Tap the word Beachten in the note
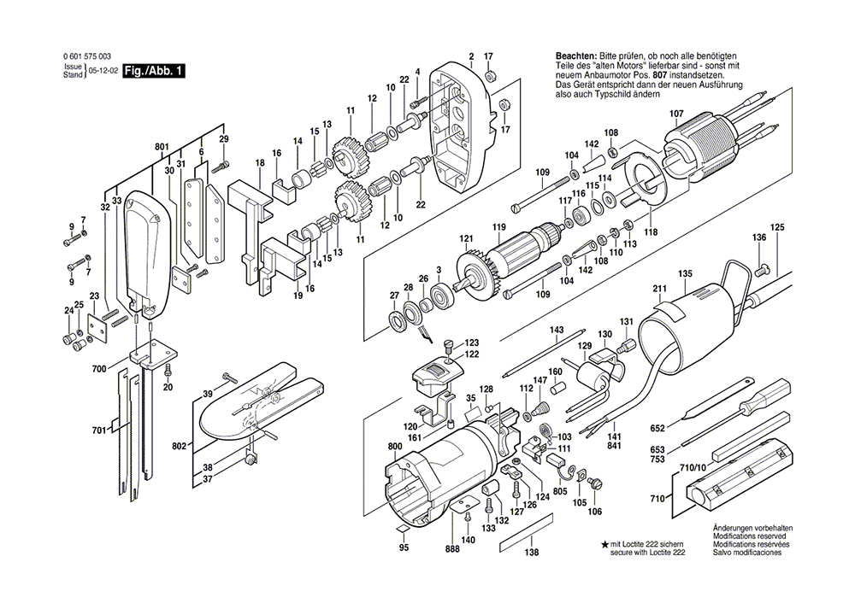pos(575,56)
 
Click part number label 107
pos(675,114)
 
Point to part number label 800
pos(394,447)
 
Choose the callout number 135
pos(684,274)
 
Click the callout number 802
pos(180,446)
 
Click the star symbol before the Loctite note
pos(605,543)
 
